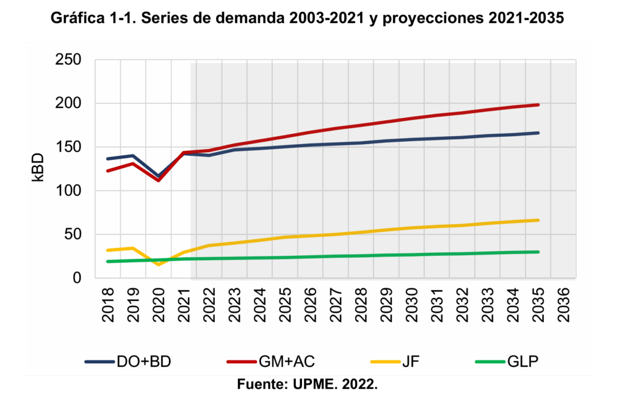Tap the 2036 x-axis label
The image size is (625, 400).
563,304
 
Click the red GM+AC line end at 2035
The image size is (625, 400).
538,105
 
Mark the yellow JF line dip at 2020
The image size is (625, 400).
158,264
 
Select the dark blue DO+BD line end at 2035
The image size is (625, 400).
538,133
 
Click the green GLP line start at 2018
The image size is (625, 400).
108,261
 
